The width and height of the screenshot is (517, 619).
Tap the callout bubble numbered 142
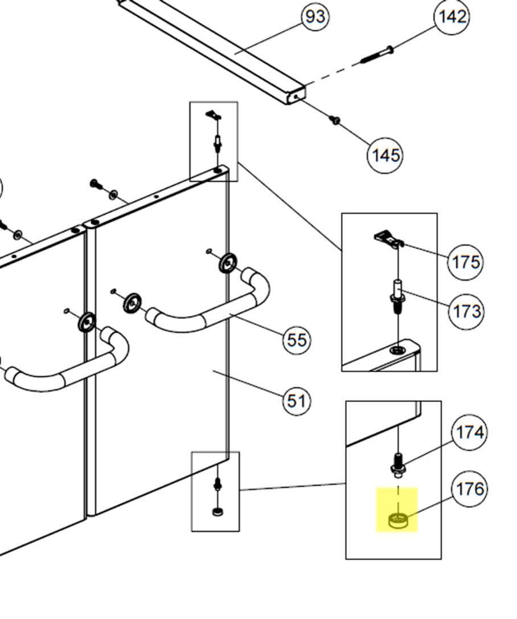(452, 17)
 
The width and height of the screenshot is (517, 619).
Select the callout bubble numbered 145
(385, 154)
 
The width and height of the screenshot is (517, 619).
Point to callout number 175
(465, 262)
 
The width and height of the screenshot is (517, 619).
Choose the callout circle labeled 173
(466, 311)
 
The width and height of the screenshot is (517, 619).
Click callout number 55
(297, 340)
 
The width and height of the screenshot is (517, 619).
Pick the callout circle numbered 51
(296, 401)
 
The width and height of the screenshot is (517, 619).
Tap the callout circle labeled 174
(469, 433)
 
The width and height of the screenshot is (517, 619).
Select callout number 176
(469, 489)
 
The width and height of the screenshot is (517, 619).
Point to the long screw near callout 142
(376, 56)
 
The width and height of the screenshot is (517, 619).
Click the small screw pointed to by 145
(335, 120)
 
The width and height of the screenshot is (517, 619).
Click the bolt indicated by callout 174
(398, 463)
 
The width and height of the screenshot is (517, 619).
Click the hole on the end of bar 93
(297, 97)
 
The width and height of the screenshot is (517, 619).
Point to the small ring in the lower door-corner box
(218, 511)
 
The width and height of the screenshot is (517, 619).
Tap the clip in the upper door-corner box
(214, 116)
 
